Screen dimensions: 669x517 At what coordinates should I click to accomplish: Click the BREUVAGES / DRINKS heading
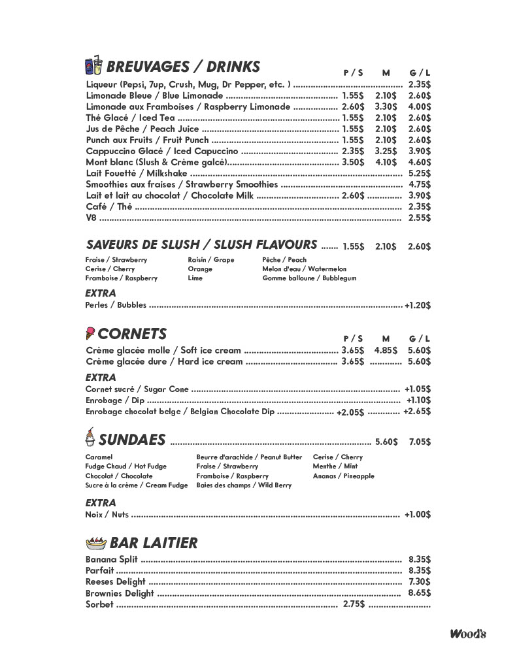(182, 67)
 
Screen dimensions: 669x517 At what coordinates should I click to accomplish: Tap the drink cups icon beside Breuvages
(93, 66)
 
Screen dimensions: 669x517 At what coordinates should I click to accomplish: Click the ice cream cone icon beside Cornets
(90, 334)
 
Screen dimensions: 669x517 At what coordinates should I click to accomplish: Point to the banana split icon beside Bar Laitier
(96, 542)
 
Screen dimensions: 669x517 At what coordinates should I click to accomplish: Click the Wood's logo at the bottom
(467, 633)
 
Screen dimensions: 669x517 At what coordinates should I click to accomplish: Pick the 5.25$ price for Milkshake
(419, 173)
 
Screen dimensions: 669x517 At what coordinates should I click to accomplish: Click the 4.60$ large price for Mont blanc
(419, 162)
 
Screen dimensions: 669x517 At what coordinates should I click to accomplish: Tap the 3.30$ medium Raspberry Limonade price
(386, 106)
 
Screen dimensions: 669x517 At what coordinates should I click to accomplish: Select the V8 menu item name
(91, 218)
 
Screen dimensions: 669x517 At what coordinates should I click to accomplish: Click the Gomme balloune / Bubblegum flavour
(309, 278)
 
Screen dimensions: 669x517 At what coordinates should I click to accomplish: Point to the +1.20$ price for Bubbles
(418, 305)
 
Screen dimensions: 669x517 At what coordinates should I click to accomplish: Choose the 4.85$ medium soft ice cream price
(386, 350)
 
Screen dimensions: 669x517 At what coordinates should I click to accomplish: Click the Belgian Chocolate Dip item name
(180, 412)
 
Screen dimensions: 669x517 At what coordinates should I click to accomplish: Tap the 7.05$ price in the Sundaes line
(420, 442)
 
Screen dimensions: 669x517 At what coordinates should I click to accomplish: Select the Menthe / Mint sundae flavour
(335, 466)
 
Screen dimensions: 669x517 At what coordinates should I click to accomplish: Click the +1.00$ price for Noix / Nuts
(418, 515)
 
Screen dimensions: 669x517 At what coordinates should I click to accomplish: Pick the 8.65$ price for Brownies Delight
(419, 593)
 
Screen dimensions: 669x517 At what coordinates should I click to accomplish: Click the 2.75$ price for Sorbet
(354, 604)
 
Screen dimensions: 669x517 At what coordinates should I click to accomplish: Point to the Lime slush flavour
(195, 278)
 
